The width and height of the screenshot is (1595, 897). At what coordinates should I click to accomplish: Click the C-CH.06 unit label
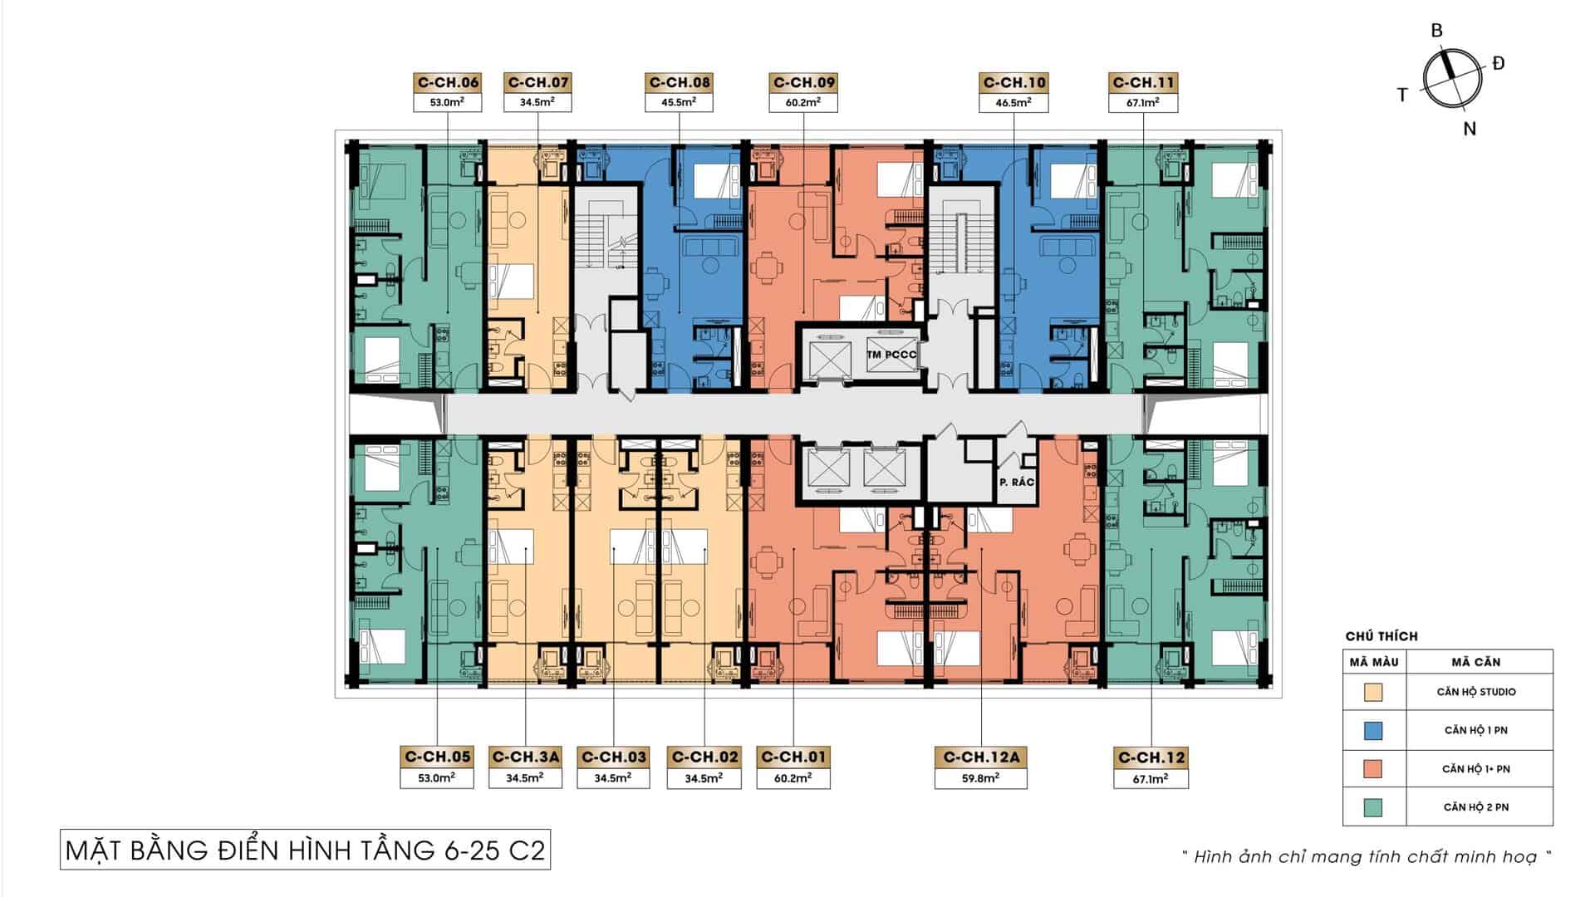[448, 82]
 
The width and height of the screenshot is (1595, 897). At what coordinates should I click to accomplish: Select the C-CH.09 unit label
[804, 82]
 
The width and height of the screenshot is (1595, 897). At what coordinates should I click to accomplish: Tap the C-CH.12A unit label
[981, 757]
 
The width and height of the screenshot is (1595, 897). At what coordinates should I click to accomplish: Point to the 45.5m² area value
[680, 103]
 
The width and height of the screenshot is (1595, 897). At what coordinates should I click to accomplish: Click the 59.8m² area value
[981, 778]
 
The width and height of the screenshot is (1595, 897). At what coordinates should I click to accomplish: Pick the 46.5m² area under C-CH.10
[1013, 103]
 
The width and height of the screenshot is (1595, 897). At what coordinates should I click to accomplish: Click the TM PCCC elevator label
[891, 355]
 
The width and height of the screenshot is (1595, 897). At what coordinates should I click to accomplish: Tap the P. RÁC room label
[1016, 482]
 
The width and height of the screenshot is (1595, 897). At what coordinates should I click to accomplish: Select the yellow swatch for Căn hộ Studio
[1373, 692]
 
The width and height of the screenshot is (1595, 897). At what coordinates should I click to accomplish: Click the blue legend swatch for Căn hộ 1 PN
[1373, 730]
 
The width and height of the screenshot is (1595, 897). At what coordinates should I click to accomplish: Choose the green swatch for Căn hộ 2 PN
[1373, 807]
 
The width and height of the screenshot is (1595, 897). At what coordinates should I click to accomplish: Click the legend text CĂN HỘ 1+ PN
[1476, 769]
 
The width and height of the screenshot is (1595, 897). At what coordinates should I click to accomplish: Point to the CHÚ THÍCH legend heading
[1382, 636]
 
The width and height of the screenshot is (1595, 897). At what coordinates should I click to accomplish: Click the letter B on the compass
[1436, 31]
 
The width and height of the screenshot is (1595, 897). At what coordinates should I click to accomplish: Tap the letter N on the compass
[1470, 129]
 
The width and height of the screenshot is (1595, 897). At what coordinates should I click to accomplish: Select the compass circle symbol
[1453, 77]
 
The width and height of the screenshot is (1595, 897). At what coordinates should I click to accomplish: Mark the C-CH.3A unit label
[526, 757]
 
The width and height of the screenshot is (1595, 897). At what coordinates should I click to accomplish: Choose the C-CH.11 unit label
[1144, 82]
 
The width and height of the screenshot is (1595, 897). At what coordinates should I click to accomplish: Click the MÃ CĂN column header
[1476, 662]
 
